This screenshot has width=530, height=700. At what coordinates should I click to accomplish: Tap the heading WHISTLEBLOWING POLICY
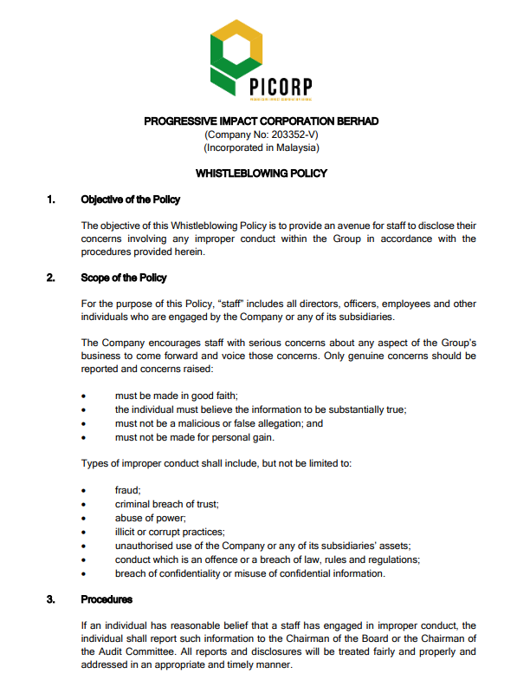coord(261,173)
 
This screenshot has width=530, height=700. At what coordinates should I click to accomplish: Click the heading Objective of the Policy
coord(130,200)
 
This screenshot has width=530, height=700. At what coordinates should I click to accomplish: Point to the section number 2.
coord(52,278)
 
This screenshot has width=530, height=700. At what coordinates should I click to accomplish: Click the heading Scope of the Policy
coord(124,278)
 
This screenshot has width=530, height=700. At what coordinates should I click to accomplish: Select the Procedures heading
coord(107,599)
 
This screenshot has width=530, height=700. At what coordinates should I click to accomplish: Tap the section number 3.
coord(52,599)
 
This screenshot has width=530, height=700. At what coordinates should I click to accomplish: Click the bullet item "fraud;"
coord(127,490)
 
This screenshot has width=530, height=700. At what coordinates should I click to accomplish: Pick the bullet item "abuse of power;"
coord(144,518)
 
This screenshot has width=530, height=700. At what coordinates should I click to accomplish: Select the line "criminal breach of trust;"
coord(166,504)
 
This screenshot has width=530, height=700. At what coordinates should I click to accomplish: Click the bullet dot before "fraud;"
coord(83,491)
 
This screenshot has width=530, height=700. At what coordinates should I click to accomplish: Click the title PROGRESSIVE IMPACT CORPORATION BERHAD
coord(261,121)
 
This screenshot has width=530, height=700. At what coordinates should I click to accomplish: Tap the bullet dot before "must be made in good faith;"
coord(83,396)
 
